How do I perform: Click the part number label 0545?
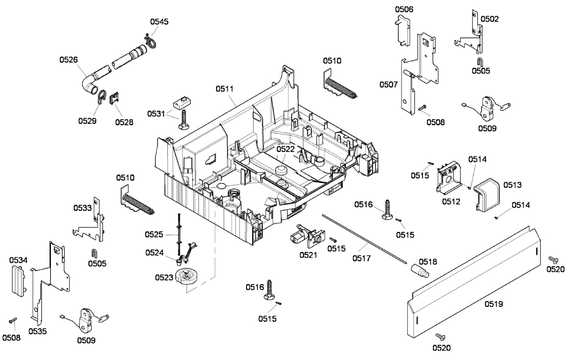[x=159, y=22]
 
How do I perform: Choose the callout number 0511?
[x=225, y=88]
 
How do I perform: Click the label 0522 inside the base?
[x=286, y=149]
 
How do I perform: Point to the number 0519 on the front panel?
[x=494, y=304]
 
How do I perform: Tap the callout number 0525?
[x=155, y=234]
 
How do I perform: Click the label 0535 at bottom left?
[x=38, y=331]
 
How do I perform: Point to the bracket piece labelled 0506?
[x=403, y=30]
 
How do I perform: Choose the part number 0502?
[x=490, y=19]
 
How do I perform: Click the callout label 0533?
[x=82, y=208]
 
